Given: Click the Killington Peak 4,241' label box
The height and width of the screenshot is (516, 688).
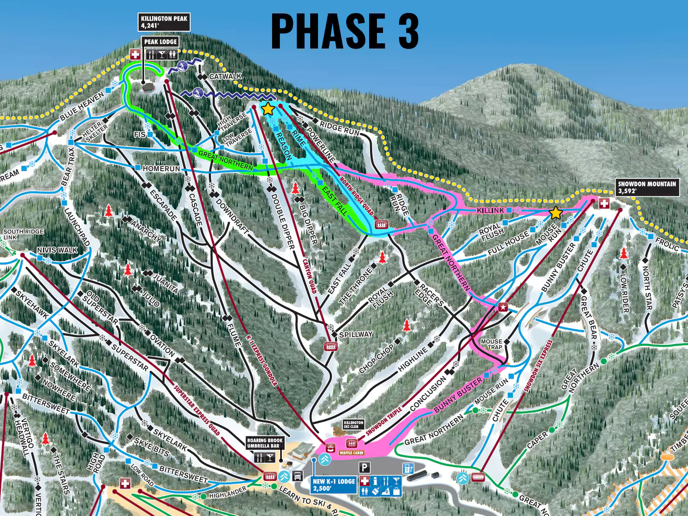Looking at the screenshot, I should coord(164,22).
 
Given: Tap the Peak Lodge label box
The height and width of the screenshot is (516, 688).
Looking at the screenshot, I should coord(160,42).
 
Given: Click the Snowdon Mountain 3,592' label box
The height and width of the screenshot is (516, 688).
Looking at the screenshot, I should coord(647,187).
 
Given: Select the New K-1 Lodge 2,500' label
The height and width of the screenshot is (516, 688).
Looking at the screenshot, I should coord(334,484).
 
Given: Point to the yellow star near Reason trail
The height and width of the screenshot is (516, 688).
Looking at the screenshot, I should coord(268,109).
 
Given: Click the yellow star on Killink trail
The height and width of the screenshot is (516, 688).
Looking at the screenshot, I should coord(555,213).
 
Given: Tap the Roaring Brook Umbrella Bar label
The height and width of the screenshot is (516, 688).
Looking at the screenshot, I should coord(265,443).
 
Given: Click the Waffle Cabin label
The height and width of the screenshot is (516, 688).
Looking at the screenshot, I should coord(351,453).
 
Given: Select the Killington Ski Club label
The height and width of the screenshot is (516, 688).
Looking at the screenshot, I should coord(354,424).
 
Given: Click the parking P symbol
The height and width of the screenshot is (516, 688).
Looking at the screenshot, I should coord(365,467).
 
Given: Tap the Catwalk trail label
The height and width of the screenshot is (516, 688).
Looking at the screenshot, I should coord(225,76).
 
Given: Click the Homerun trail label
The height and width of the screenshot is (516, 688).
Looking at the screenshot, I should coord(161,168).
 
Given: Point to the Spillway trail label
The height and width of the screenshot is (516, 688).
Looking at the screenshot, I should coord(356,334).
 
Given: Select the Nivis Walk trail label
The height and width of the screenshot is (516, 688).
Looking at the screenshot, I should coord(57,250).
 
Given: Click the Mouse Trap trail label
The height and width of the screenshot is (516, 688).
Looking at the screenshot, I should coord(491,344).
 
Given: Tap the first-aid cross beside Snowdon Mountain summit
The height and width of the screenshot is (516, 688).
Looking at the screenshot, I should coord(604,203).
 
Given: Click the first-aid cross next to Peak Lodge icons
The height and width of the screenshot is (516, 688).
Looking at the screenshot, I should coord(136,54).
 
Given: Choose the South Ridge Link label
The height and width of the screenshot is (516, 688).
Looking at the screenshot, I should coord(23,234).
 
